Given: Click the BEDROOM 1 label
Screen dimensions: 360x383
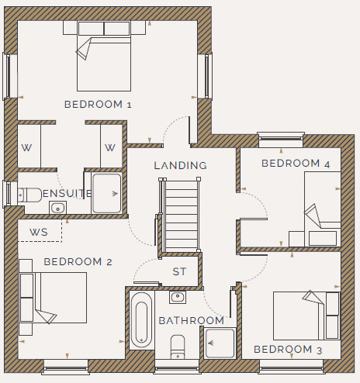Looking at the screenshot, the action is coord(98,105).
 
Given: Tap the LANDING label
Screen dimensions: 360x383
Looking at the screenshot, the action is coord(181,165).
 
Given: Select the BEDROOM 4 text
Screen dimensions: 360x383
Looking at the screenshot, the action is coord(296,164).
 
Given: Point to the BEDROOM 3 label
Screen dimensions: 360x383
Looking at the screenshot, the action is coord(288,350).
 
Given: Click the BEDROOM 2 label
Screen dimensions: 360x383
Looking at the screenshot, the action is coord(78,262).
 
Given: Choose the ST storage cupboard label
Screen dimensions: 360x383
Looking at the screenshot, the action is coord(179,271).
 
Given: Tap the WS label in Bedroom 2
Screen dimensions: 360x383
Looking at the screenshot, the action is coord(39,232).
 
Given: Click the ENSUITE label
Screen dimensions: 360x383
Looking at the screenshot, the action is coord(67,193).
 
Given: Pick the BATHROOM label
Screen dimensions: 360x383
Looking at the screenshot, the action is coord(192,321).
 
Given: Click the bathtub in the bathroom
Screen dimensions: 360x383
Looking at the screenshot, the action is coord(141,320).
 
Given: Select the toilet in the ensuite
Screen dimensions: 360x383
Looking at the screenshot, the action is coord(29,195).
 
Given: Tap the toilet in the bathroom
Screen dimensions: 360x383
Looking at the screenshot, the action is coord(178,347).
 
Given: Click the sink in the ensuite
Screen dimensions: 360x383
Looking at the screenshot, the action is coord(57,208).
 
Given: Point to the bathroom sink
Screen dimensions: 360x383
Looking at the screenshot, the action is coord(178,297).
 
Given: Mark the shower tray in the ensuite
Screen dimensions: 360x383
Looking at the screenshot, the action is coord(107,193).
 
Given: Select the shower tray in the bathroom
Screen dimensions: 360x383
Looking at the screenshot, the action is coord(220,343).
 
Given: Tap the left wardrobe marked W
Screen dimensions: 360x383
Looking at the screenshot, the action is coord(29,146).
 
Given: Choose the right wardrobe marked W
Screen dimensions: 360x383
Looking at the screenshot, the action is coord(112,146).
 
